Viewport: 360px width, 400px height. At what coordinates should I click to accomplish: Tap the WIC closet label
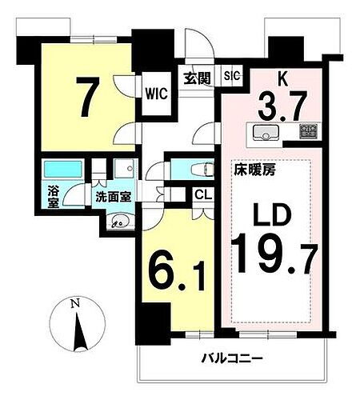tap(155, 94)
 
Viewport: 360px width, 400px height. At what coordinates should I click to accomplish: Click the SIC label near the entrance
tap(231, 77)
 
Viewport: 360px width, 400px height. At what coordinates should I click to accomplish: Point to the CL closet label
tap(202, 194)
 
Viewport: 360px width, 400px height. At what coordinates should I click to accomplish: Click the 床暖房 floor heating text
tap(250, 170)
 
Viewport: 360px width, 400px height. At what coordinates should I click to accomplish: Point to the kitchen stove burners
tap(308, 132)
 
